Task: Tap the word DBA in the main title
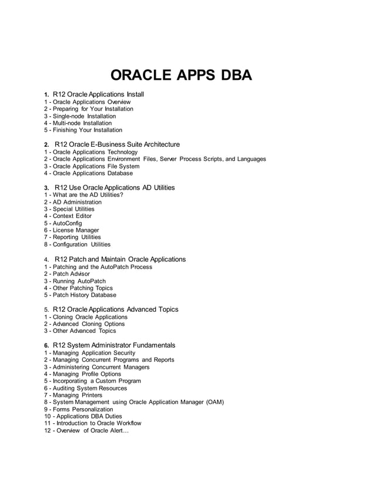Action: [236, 77]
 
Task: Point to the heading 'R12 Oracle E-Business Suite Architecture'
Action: [117, 144]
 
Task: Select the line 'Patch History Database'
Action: [84, 295]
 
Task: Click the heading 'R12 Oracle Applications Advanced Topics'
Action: [116, 309]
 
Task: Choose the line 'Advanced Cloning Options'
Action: [88, 324]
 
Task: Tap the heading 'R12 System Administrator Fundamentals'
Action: [113, 345]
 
